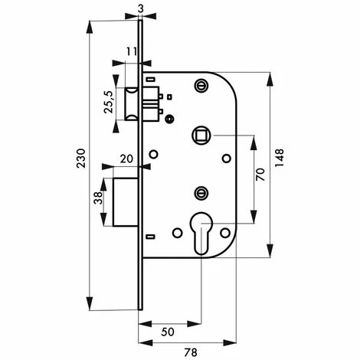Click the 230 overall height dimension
(x=81, y=159)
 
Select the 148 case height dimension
(x=280, y=158)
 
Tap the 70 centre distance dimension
(x=260, y=175)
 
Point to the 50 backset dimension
(x=168, y=332)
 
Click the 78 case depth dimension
(x=191, y=352)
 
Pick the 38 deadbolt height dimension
(x=98, y=198)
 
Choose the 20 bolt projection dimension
(x=126, y=159)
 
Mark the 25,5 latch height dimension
(x=109, y=102)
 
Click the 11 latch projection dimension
(x=132, y=52)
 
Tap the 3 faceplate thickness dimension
(x=141, y=8)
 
